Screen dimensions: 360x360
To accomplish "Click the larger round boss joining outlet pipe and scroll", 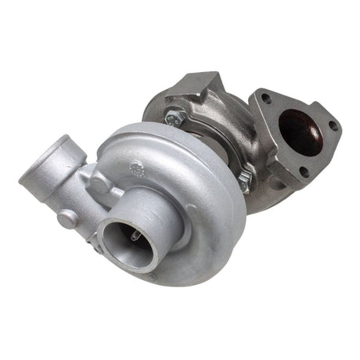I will point(99,184).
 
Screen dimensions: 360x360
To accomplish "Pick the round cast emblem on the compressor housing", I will point(138,166).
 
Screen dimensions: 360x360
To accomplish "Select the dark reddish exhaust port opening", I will point(301,133).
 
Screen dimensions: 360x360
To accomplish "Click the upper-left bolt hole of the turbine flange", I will point(267,99).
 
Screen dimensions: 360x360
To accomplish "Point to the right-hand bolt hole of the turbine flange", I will point(333,125).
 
